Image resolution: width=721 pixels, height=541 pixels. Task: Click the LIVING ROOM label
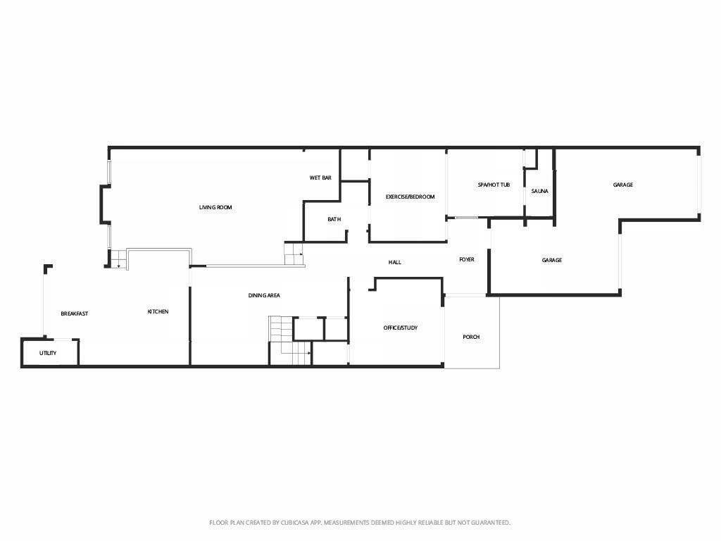tap(215, 207)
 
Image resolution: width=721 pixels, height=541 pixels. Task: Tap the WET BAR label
tap(320, 178)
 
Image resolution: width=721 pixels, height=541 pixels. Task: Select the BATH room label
tap(334, 219)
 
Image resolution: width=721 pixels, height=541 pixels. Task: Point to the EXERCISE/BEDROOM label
tap(410, 197)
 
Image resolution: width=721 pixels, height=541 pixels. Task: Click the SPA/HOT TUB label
tap(494, 185)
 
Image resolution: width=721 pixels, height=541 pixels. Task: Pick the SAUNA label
tap(540, 191)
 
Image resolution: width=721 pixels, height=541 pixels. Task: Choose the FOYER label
tap(467, 259)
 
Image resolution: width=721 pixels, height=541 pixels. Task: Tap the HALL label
tap(395, 262)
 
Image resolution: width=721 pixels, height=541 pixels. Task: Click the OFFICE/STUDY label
tap(401, 328)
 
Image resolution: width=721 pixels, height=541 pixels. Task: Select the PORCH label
tap(471, 337)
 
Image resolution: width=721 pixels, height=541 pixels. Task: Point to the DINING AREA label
tap(264, 295)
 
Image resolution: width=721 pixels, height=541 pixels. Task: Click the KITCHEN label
tap(158, 311)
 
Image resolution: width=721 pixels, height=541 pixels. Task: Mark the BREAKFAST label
tap(74, 313)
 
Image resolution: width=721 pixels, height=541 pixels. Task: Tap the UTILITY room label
tap(48, 353)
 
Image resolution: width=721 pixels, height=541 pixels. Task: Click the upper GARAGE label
tap(623, 185)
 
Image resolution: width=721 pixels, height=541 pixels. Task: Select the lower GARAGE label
tap(552, 260)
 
